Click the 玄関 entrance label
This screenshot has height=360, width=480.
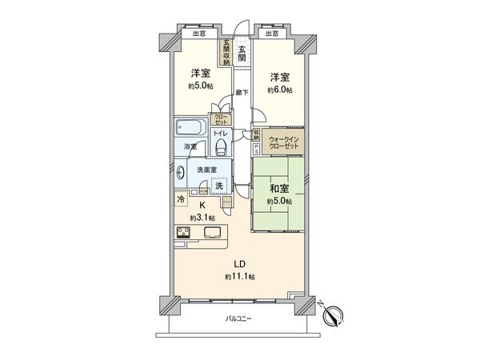tap(242, 54)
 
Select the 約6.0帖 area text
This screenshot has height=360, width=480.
tap(279, 90)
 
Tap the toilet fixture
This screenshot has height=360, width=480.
tap(222, 149)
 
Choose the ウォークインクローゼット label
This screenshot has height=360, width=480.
tap(283, 144)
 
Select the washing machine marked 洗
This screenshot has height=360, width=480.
tap(218, 183)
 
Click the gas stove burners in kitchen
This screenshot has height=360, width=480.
tap(182, 233)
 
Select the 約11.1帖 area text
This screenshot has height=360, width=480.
tap(238, 277)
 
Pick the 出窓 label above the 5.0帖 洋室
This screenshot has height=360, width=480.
tap(198, 34)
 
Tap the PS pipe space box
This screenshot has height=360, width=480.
tap(256, 148)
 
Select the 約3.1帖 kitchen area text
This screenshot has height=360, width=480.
tap(202, 217)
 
